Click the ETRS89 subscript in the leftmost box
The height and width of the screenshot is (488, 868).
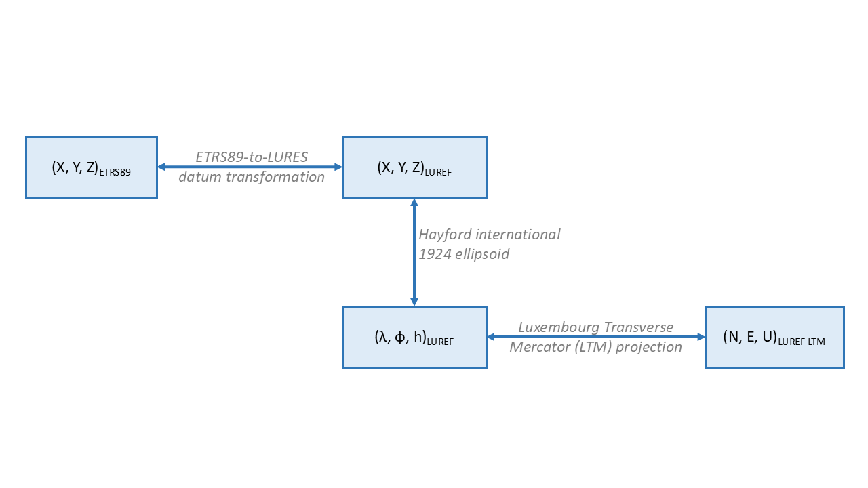tap(115, 172)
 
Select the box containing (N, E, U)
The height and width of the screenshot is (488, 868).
tap(774, 337)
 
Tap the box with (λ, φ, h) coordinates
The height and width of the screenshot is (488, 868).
tap(414, 337)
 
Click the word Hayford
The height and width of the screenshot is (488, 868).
tap(445, 235)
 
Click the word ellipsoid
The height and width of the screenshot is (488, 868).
tap(482, 254)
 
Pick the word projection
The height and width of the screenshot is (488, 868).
tap(649, 348)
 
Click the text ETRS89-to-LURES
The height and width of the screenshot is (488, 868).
tap(252, 157)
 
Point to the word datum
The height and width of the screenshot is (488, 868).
tap(200, 177)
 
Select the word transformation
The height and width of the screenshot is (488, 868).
tap(275, 177)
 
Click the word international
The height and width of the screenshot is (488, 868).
tap(517, 235)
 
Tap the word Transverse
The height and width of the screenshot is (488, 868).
tap(639, 327)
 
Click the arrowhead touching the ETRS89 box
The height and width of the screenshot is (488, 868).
tap(161, 167)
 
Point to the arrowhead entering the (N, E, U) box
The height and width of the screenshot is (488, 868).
tap(701, 337)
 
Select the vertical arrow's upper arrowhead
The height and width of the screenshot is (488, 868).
tap(414, 203)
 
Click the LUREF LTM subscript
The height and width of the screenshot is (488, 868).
tap(802, 342)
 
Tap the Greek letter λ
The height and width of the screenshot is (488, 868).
tap(382, 337)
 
